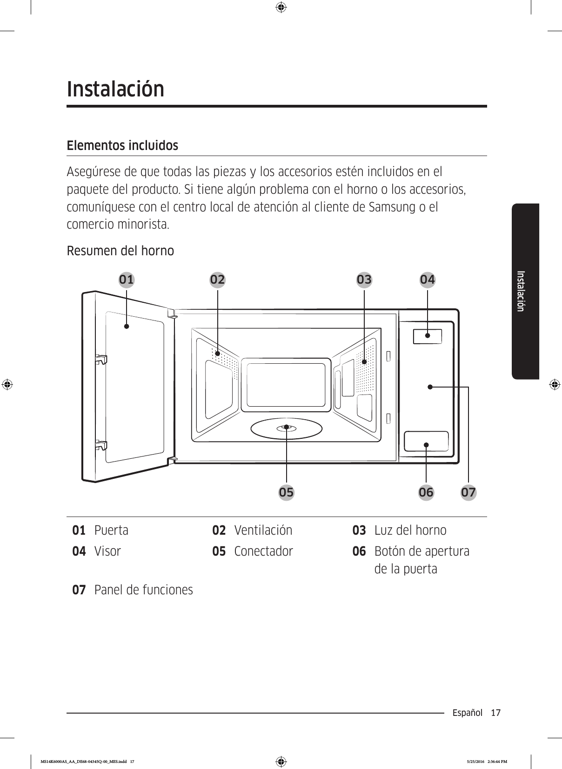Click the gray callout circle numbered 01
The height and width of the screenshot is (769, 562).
click(126, 279)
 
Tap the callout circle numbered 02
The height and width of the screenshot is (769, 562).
click(217, 279)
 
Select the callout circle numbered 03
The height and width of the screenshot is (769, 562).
click(364, 279)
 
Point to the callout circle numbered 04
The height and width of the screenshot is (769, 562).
click(428, 279)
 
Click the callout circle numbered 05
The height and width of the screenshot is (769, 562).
click(287, 492)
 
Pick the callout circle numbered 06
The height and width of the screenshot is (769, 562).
click(426, 492)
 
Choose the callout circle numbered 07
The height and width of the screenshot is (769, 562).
click(468, 492)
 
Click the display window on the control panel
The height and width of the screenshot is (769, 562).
click(427, 336)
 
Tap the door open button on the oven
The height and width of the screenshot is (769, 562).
click(426, 441)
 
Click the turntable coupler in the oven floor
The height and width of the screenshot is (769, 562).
click(287, 428)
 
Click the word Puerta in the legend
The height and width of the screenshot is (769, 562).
click(111, 531)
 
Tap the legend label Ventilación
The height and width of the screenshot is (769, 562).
click(263, 531)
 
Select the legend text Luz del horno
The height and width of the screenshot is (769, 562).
click(410, 531)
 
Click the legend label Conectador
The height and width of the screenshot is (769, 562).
click(263, 551)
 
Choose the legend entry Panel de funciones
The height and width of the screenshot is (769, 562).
click(143, 590)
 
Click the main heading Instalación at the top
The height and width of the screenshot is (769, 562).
click(116, 89)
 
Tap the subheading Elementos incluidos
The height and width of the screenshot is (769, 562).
click(122, 146)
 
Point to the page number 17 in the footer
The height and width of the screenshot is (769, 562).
click(495, 713)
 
